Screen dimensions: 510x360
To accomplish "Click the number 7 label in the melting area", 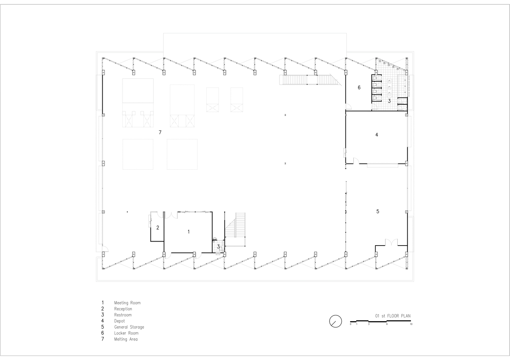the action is coord(160,132).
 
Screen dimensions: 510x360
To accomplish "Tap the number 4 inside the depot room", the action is coord(377,135).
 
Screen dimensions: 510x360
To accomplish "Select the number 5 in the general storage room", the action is coord(378,211).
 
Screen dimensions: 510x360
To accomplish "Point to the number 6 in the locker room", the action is coord(359,87).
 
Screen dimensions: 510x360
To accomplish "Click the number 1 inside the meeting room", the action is coord(188,231).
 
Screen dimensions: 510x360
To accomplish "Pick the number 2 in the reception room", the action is coord(157,228).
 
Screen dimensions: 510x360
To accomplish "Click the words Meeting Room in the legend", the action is coord(127,303).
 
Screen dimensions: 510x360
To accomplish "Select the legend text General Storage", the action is coord(129,327).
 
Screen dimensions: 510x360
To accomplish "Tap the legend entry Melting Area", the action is coord(126,339).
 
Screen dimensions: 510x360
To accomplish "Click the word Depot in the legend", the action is coord(120,321).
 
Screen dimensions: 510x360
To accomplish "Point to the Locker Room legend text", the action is coord(126,333).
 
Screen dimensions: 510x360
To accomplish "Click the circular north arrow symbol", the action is coord(336,321).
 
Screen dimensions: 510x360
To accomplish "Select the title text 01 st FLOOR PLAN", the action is coord(393,316).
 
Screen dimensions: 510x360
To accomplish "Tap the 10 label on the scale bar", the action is coord(411,324).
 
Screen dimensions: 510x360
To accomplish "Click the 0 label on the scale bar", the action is coord(351,324).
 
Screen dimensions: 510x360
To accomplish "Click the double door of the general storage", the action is coord(392,242).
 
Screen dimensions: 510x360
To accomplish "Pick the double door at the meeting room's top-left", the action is coord(171,215).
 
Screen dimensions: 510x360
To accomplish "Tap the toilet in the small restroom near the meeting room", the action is coord(220,249).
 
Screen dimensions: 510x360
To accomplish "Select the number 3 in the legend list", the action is coord(103,315).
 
